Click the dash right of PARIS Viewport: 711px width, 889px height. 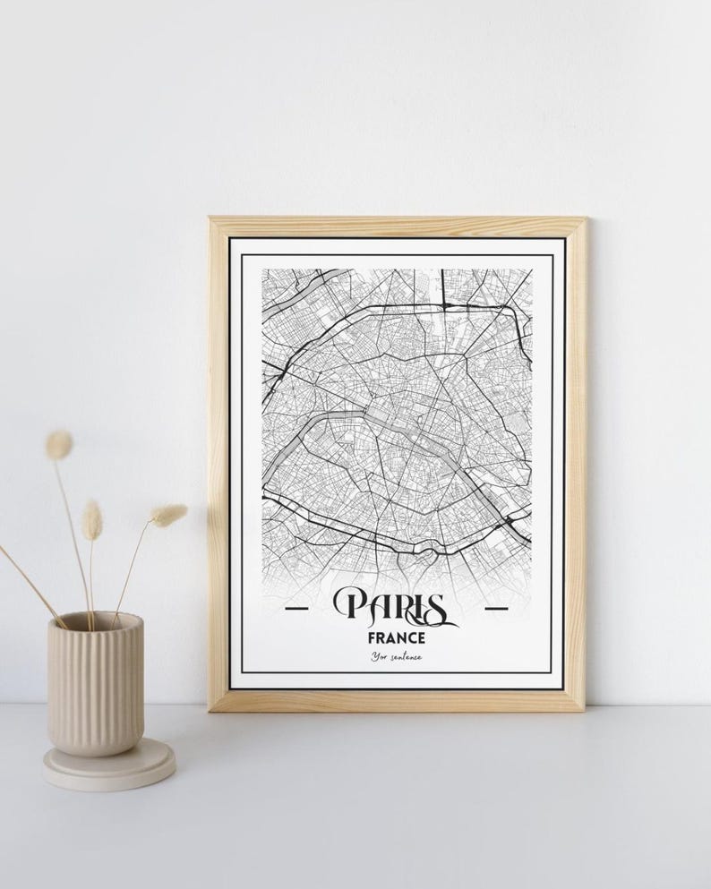[x=495, y=608]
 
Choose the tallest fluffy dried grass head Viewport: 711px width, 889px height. [x=59, y=445]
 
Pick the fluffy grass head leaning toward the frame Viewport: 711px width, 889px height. [x=168, y=515]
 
